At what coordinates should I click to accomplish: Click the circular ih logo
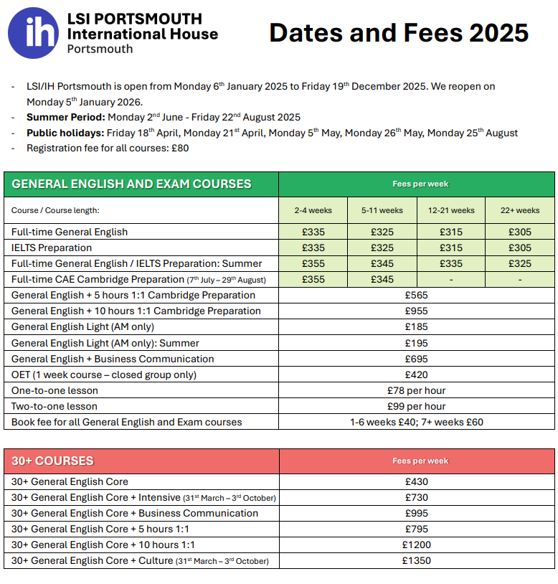coord(33,33)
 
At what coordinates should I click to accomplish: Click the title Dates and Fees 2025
coord(399,33)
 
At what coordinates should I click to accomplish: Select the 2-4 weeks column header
coord(313,210)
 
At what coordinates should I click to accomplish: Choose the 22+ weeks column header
coord(520,210)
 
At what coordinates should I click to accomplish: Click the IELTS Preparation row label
coord(52,248)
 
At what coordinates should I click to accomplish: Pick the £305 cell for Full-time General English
coord(520,232)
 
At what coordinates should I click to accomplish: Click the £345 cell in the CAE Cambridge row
coord(382,279)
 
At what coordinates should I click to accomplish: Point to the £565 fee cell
coord(416,295)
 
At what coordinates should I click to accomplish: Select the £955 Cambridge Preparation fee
coord(416,311)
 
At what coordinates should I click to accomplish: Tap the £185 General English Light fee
coord(416,326)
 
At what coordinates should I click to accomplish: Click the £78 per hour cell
coord(416,390)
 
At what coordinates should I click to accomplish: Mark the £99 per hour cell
coord(416,406)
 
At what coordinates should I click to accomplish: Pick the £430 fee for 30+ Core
coord(416,481)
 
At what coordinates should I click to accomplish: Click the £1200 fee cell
coord(416,545)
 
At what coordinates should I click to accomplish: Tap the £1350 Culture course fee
coord(416,560)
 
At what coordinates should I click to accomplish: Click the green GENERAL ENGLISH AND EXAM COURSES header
coord(131,184)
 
